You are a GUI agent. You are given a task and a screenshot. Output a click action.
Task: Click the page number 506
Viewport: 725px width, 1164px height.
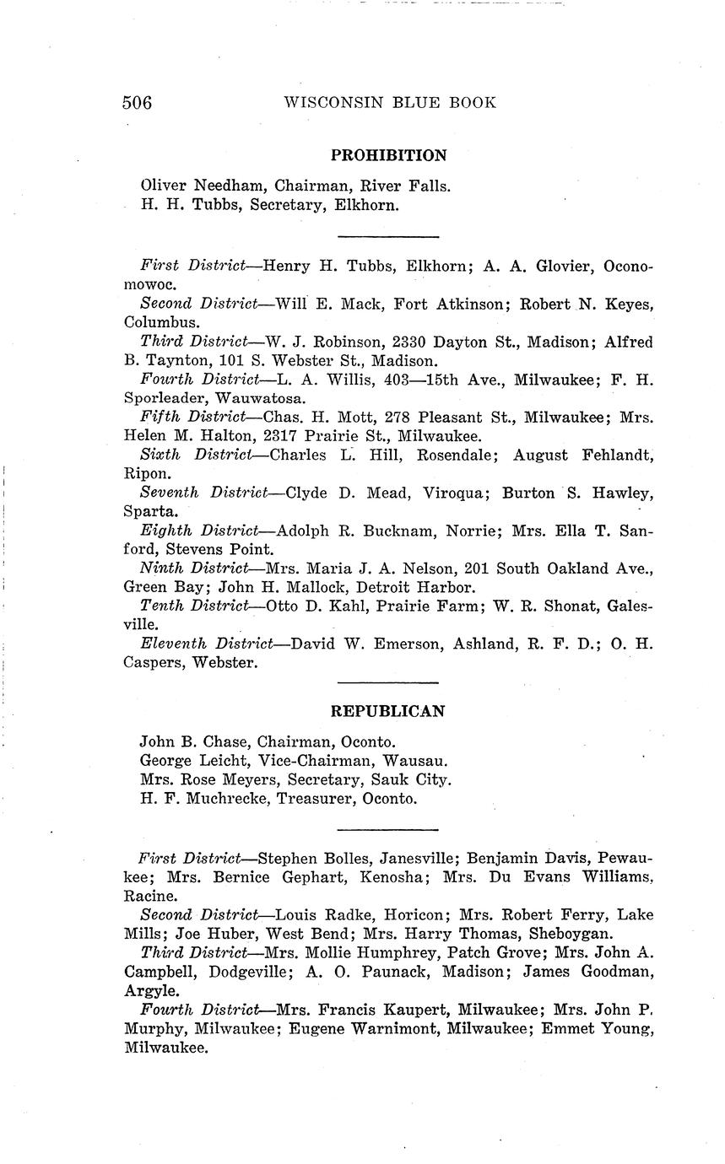point(137,103)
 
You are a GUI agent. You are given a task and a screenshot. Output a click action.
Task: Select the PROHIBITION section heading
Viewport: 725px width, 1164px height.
point(388,155)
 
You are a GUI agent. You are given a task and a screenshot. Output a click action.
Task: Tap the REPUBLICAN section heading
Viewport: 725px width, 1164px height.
point(387,711)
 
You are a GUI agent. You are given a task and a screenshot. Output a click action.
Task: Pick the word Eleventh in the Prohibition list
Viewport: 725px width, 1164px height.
point(175,644)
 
